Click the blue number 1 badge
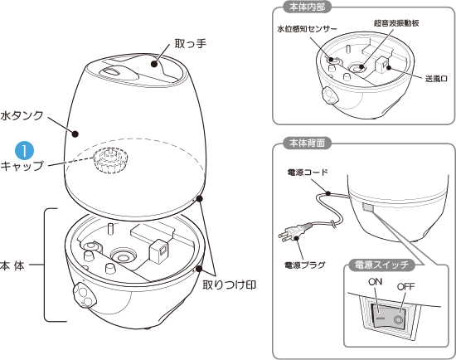26,150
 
